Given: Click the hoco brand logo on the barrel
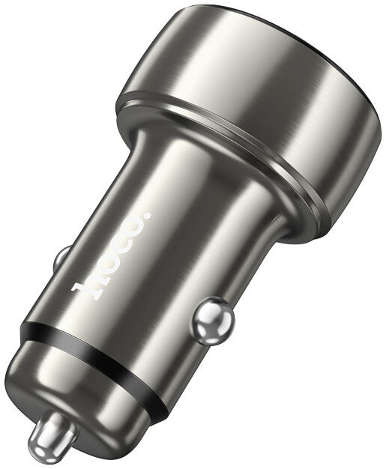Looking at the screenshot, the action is pos(112,255).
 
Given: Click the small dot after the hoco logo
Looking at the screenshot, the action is pos(148,216).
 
